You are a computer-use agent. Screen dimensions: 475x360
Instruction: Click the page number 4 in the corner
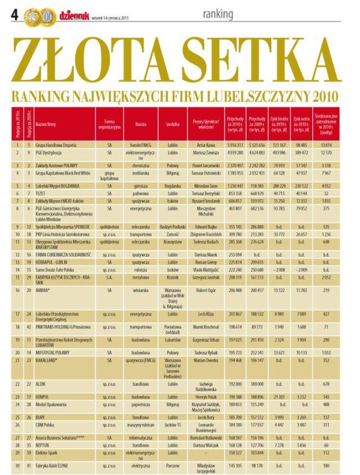click(15, 15)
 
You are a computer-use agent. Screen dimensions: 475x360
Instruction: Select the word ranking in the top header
click(218, 14)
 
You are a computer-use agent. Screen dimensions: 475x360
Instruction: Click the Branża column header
click(141, 124)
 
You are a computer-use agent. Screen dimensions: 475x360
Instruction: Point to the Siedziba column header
click(172, 124)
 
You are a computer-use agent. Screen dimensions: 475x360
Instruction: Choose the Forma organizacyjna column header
click(109, 124)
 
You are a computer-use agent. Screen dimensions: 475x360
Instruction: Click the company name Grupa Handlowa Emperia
click(56, 145)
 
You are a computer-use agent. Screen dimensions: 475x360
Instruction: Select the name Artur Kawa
click(206, 145)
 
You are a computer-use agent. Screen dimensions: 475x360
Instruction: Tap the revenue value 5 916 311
click(235, 145)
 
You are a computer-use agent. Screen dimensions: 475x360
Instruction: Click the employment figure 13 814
click(326, 145)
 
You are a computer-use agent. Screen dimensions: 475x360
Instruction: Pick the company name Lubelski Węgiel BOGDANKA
click(57, 186)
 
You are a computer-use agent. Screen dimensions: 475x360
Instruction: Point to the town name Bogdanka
click(172, 186)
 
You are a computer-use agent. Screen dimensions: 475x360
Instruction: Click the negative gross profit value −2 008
click(279, 270)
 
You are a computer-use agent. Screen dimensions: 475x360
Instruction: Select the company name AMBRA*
click(43, 290)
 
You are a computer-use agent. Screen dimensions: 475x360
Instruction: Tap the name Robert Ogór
click(206, 290)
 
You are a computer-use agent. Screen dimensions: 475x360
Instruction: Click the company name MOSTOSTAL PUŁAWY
click(52, 353)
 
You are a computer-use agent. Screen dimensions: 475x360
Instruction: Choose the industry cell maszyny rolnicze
click(141, 425)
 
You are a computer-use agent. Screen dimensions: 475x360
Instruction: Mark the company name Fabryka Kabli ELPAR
click(52, 466)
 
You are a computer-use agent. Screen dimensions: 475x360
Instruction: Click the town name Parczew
click(172, 466)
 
